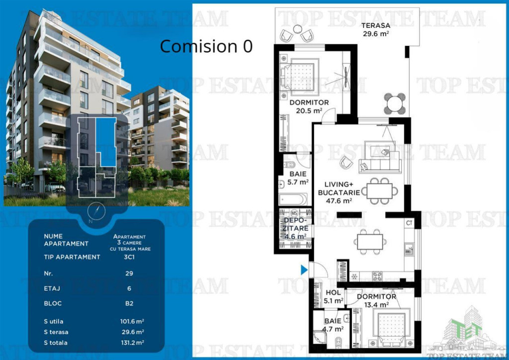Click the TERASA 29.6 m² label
375,30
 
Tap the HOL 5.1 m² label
333,297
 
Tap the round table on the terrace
395,103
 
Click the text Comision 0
206,47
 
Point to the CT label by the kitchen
409,222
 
